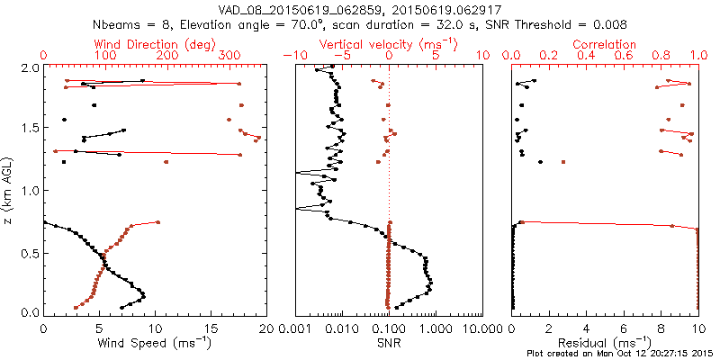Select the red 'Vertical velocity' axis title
(388, 44)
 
